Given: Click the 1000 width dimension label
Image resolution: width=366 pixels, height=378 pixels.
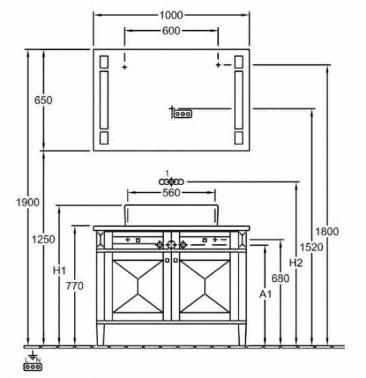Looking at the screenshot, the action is pos(171,16).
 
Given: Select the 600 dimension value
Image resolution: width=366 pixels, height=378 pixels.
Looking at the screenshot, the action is pos(171,31).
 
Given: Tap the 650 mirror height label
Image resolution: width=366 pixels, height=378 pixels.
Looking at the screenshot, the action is pos(43,100).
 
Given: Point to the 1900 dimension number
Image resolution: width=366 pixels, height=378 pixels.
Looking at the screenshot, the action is pos(28,202).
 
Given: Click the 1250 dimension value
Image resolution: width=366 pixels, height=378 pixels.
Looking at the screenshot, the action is pos(44,239).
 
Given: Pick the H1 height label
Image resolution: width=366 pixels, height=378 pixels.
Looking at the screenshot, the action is pos(59,271).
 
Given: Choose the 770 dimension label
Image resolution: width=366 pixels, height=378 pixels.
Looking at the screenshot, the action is pos(74,286).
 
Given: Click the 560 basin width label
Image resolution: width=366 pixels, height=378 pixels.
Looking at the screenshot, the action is pos(171,193).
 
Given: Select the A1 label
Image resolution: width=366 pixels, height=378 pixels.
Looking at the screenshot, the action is pos(265,294).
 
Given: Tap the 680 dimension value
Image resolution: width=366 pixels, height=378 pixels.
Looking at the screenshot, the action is pos(280,279).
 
